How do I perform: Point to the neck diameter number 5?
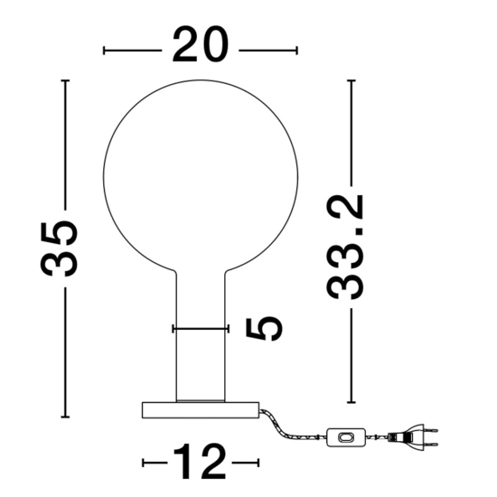pos(263,328)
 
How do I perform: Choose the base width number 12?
pos(201,463)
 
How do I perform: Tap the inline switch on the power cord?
pos(344,438)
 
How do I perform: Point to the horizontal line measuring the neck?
pos(200,329)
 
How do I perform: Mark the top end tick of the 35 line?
pos(64,80)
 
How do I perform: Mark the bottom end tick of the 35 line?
pos(64,417)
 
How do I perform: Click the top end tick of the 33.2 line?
pos(351,80)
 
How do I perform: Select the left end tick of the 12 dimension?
pos(144,463)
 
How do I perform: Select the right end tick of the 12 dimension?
pos(258,463)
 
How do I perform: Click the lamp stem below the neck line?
pos(200,366)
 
